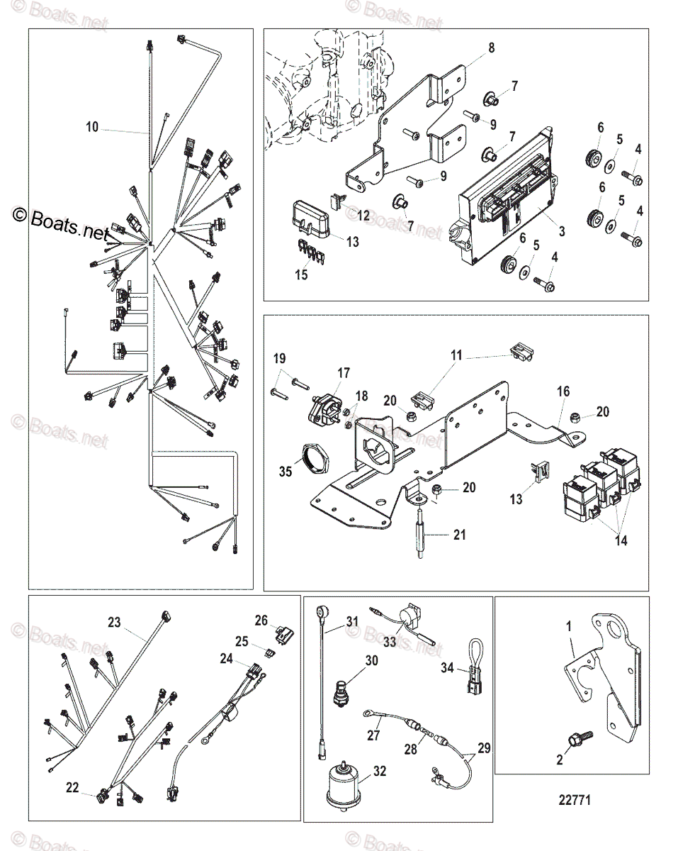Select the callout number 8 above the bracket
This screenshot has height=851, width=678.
(491, 48)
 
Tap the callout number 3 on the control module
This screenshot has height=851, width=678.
(561, 230)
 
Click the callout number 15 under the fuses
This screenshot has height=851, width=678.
(302, 275)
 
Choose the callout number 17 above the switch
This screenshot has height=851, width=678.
(344, 372)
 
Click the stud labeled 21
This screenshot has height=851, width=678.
(423, 525)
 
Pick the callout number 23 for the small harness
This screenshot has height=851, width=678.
(115, 623)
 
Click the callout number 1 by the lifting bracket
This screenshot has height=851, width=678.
(567, 627)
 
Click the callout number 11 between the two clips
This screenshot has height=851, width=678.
(456, 355)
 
